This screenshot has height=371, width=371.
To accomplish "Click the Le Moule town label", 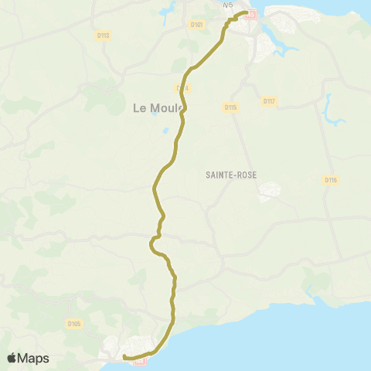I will coord(157,108).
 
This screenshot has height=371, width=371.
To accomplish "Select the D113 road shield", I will coord(104,36).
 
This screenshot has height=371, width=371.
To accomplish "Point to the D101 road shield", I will coord(197,25).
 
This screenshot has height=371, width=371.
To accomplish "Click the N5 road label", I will coord(227,5).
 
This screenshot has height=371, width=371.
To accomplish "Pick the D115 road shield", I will coord(230,107).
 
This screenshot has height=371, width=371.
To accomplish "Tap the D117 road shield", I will coord(269,101).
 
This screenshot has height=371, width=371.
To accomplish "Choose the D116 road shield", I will coord(331,179).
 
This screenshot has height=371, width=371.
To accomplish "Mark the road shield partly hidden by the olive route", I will coord(183,88).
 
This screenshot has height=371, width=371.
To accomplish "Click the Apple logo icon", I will coord(13,358).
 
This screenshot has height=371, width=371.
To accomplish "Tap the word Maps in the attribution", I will coord(34,358).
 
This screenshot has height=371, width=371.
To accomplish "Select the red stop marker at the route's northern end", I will coord(249,13).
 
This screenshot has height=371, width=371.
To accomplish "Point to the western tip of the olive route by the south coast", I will coord(123,357).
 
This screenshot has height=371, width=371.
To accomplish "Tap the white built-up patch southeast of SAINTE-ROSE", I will coord(270,190).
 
